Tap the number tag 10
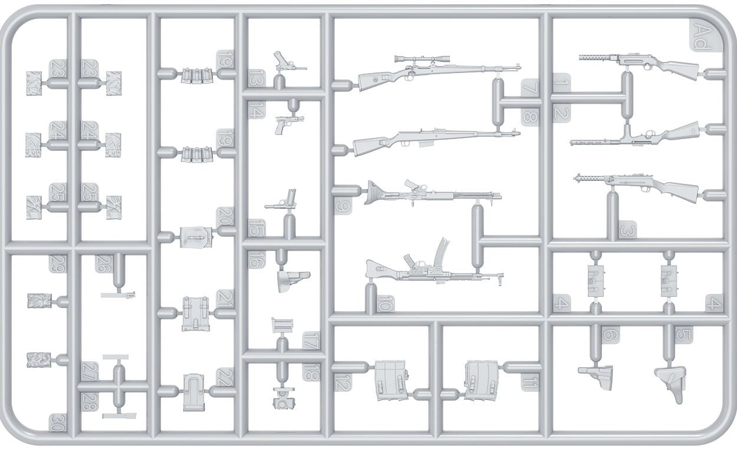[384, 304]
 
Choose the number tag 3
[627, 230]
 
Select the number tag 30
[57, 422]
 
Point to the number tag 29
[57, 264]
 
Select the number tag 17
[311, 340]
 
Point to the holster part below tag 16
[293, 280]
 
